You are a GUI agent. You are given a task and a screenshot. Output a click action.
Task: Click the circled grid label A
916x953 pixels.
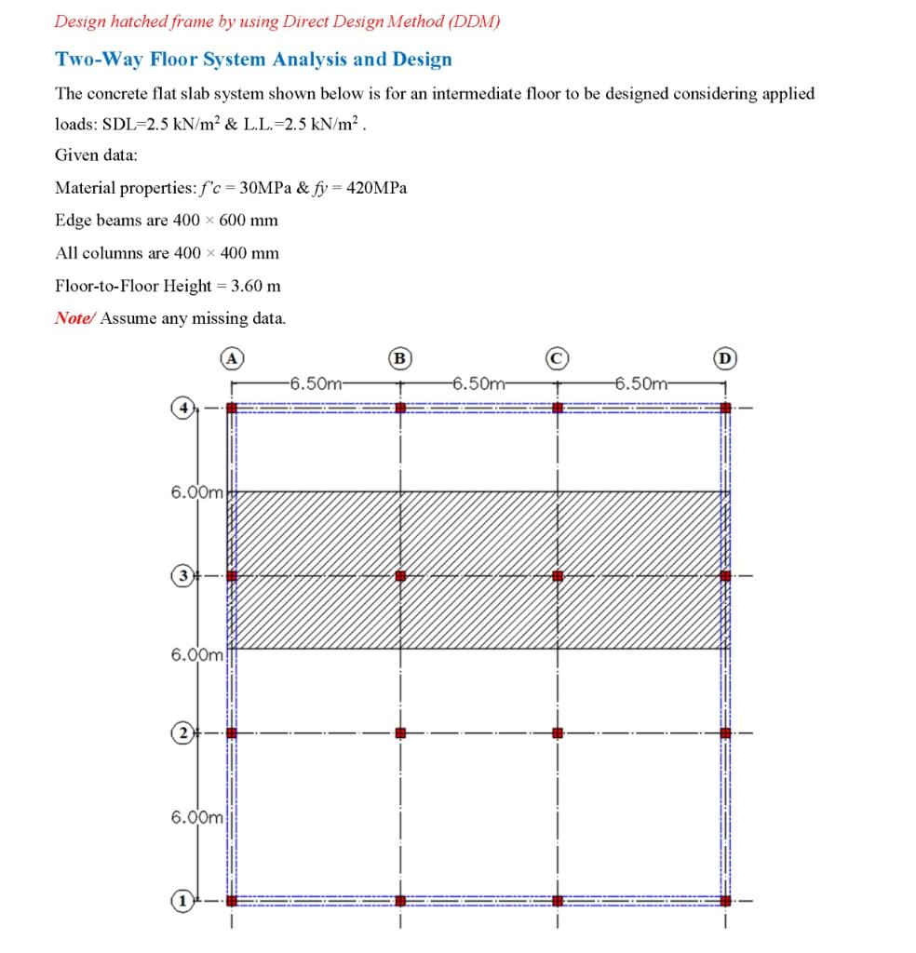232,356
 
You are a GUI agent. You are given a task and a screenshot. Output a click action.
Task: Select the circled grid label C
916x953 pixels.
557,356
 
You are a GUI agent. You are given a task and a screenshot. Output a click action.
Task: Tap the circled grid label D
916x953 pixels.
724,356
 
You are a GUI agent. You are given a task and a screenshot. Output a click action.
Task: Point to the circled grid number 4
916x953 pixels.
184,408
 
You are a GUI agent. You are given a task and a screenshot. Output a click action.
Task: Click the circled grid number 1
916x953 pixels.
184,900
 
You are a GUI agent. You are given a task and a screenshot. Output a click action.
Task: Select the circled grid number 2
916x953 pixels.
184,732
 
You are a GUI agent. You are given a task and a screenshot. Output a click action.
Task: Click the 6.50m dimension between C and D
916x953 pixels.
642,383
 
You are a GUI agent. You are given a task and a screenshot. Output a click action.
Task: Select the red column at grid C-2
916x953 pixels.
557,733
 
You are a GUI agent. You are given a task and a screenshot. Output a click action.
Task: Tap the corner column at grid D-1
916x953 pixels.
725,900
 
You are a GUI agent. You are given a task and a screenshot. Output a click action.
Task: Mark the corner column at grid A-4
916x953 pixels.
232,408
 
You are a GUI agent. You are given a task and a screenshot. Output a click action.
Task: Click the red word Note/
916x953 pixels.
74,318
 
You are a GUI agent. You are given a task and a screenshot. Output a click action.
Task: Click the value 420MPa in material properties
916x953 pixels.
376,188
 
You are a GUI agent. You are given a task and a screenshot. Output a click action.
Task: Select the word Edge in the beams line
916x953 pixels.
72,221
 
